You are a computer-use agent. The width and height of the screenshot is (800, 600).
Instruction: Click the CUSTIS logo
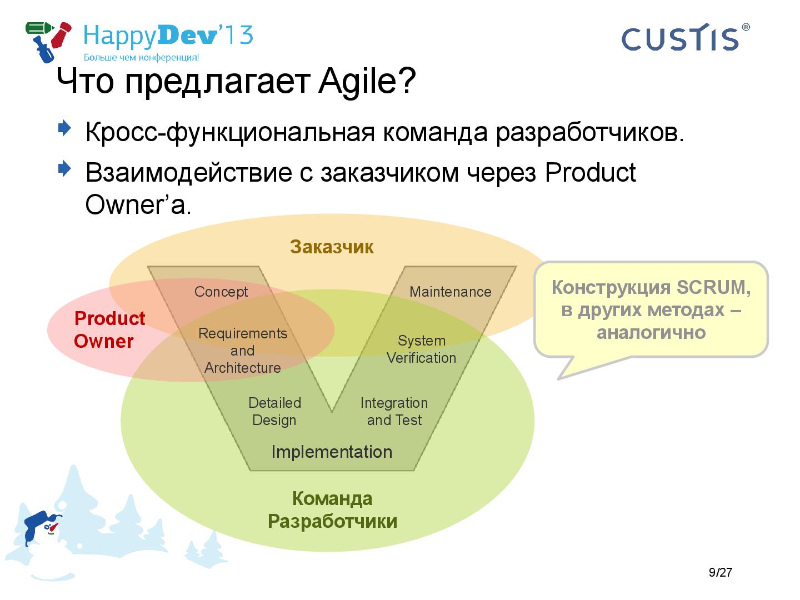[x=685, y=38]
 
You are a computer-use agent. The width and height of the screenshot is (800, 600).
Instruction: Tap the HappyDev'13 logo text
[x=168, y=36]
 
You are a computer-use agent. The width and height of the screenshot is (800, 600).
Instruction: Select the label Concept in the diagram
[x=221, y=292]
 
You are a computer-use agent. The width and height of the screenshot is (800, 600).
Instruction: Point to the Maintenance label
[x=451, y=292]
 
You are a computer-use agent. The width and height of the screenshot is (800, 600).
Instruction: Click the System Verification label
[x=421, y=349]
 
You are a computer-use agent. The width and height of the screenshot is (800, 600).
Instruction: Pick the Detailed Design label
[x=275, y=411]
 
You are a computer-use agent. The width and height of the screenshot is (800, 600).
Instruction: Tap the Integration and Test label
[x=394, y=411]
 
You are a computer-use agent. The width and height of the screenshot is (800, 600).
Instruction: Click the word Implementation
[x=332, y=452]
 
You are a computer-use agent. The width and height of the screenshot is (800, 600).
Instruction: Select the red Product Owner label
[x=109, y=329]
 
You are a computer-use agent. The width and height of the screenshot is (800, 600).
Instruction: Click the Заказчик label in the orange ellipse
[x=332, y=247]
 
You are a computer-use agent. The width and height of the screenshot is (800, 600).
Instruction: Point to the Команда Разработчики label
[x=332, y=510]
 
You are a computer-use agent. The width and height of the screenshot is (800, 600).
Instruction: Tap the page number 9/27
[x=721, y=572]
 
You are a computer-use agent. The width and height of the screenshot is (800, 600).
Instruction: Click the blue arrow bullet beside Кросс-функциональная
[x=64, y=128]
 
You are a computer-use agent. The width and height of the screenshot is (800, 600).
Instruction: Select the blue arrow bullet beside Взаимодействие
[x=64, y=169]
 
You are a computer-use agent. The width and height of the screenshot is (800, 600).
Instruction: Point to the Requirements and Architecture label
[x=243, y=351]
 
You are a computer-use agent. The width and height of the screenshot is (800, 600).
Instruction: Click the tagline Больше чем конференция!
[x=142, y=57]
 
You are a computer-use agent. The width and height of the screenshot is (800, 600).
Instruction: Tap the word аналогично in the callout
[x=651, y=333]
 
